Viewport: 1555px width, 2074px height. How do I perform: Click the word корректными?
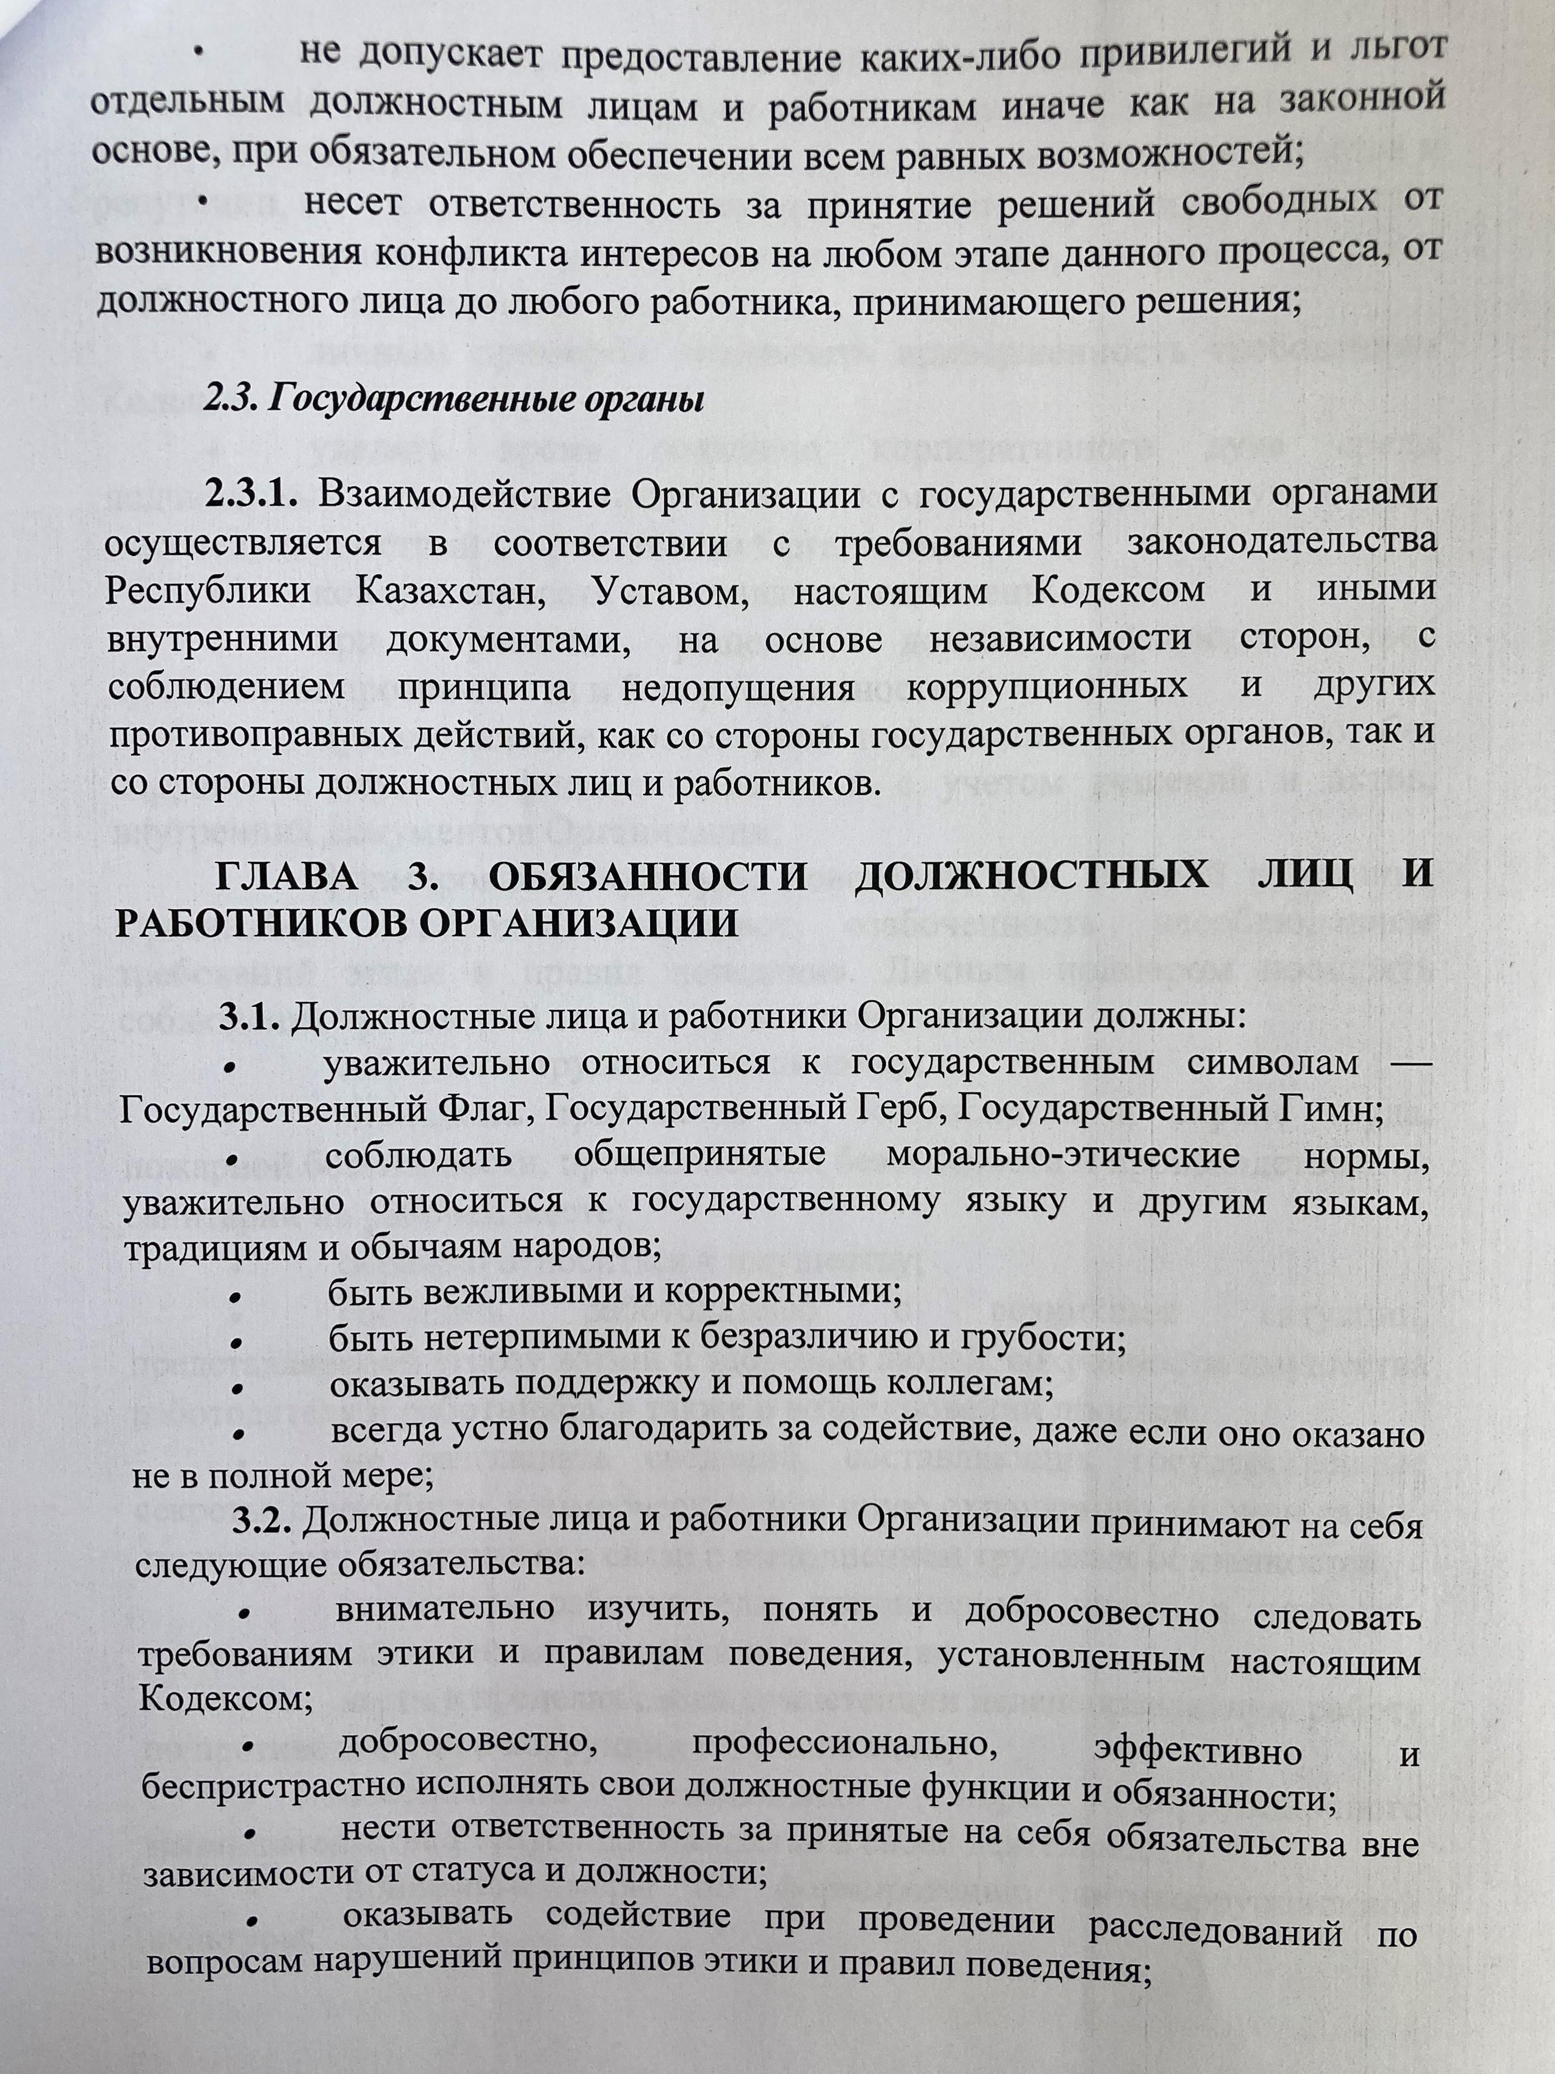(778, 1292)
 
